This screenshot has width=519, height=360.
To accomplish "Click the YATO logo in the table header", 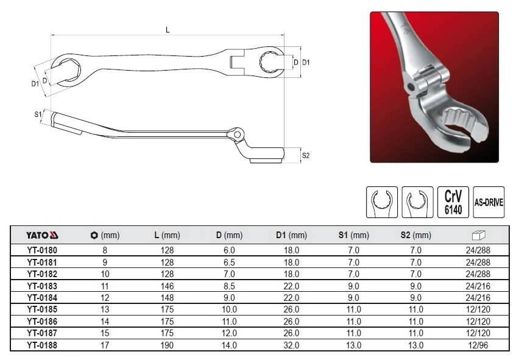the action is point(43,235).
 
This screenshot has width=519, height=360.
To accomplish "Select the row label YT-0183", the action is point(43,286).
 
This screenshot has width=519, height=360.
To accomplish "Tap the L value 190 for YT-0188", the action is point(167,345).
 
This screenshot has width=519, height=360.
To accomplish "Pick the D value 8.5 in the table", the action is point(229,286).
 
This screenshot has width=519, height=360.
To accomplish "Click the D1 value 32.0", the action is point(291,345).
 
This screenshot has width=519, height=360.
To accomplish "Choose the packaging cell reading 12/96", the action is point(478,345).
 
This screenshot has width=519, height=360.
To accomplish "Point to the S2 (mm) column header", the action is point(415,235).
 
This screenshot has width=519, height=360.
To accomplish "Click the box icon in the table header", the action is point(478,235).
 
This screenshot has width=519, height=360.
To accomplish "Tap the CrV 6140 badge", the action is point(453,202).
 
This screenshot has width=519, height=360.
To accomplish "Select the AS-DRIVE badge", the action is point(489,202).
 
